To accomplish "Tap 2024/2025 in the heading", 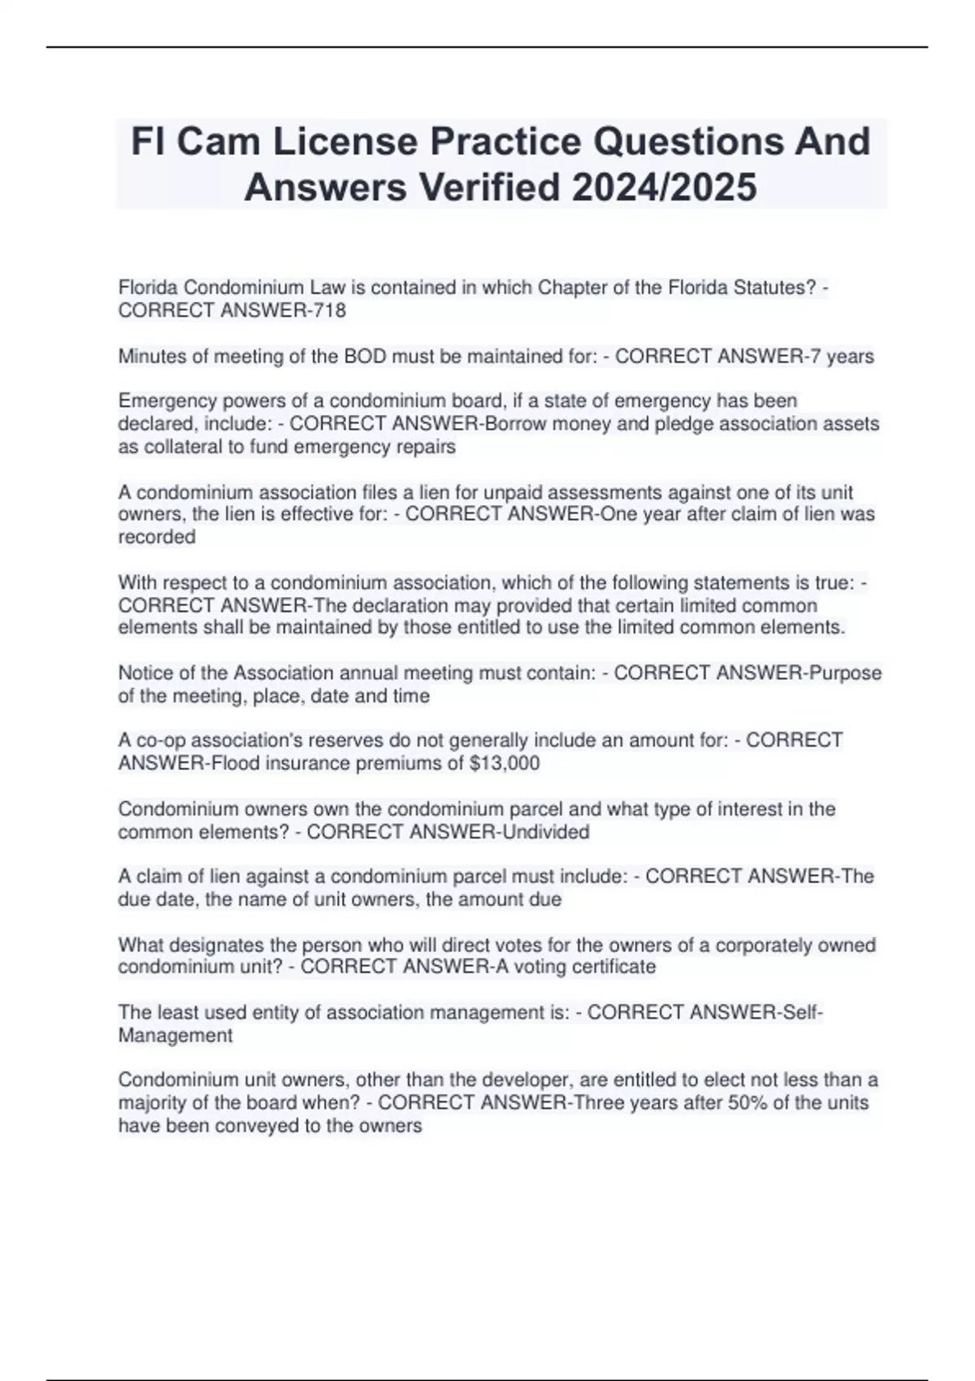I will (664, 188).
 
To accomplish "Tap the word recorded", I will (157, 537).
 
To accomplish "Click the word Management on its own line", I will (175, 1036).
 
